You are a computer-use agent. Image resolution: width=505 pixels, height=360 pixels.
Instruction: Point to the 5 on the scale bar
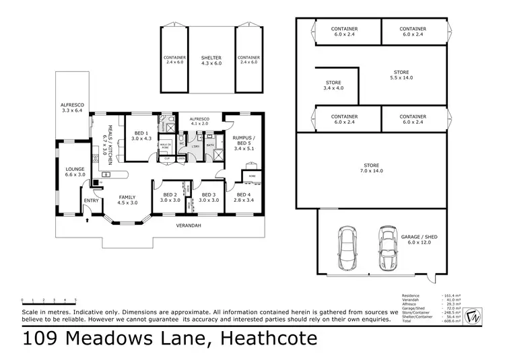click(75, 299)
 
